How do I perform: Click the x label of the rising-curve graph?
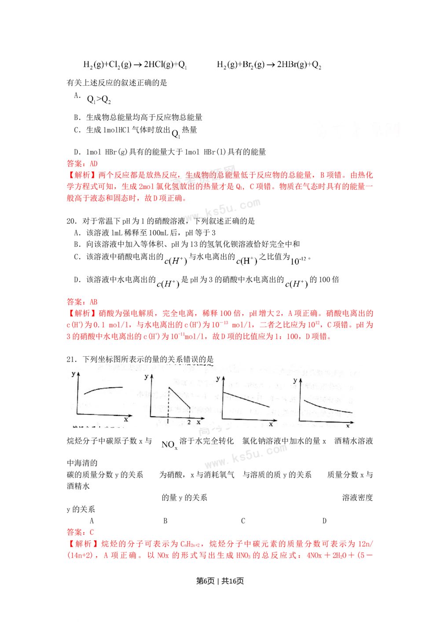(x=126, y=419)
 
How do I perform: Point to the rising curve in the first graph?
(x=103, y=389)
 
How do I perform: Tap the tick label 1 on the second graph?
(x=168, y=422)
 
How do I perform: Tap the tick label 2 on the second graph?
(x=190, y=422)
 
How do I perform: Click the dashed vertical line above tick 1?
(x=168, y=402)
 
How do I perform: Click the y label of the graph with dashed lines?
(x=146, y=376)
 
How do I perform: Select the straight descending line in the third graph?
(x=246, y=399)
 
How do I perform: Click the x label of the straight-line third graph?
(x=271, y=424)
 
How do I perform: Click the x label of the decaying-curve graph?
(x=348, y=426)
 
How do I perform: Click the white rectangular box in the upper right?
(x=357, y=134)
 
